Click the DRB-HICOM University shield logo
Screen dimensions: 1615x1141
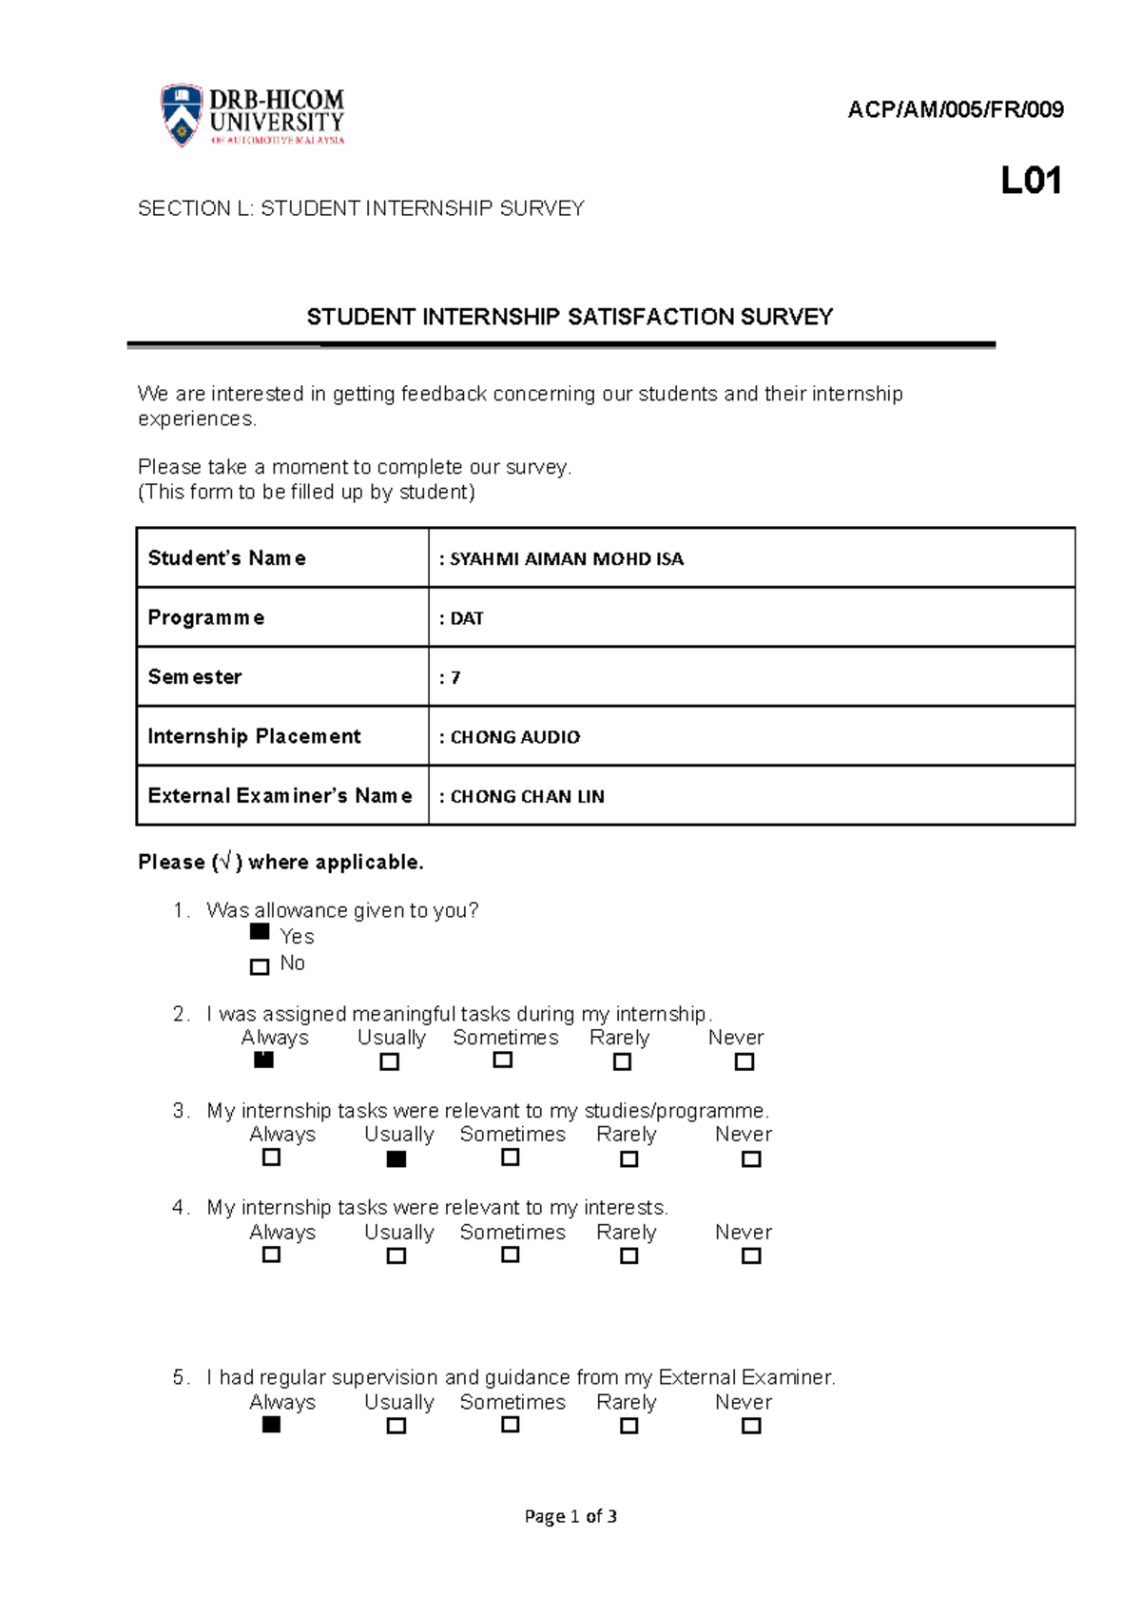pos(181,115)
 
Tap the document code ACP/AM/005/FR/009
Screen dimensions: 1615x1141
pos(955,110)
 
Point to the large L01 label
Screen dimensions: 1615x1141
pos(1031,181)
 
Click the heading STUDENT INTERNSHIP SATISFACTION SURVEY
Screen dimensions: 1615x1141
pos(570,317)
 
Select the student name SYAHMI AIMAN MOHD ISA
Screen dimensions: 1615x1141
pos(567,559)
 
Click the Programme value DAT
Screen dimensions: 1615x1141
pos(467,618)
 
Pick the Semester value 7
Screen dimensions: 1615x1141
pos(455,678)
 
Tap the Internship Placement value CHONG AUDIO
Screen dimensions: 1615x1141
pos(514,737)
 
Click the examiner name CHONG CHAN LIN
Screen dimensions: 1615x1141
pos(527,797)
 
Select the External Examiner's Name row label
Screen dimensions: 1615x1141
pos(280,796)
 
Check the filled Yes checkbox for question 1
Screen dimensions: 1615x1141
pos(260,932)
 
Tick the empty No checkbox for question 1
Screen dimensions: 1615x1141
pos(260,966)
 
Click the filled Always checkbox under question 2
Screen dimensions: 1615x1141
pos(264,1060)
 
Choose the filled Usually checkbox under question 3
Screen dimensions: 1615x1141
pos(396,1159)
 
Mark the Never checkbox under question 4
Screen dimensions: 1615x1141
pos(751,1255)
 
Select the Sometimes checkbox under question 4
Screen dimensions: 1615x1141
pos(511,1255)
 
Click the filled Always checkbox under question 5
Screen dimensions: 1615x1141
pos(272,1425)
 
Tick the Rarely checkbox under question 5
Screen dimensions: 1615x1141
pos(629,1426)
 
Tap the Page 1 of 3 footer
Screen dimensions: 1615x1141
pos(570,1516)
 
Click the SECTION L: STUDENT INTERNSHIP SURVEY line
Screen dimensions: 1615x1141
pos(360,208)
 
